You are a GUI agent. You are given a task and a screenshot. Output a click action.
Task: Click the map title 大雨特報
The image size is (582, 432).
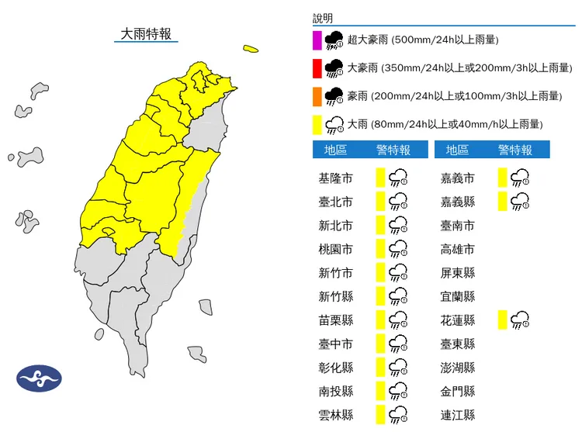coord(145,34)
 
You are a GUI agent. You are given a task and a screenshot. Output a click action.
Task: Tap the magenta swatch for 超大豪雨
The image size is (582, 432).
coord(317,40)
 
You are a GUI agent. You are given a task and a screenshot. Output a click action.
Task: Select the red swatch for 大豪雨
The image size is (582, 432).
coord(317,67)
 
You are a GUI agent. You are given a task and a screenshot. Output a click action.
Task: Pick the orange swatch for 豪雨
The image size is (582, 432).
coord(317,95)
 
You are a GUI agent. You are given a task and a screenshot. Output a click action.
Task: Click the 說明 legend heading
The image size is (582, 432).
coord(323,17)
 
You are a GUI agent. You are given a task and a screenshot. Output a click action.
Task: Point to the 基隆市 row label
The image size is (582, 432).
coord(335,178)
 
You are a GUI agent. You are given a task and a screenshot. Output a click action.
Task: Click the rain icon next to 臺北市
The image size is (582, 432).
coord(399,202)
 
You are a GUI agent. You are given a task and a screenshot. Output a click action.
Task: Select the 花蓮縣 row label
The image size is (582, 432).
coord(457,320)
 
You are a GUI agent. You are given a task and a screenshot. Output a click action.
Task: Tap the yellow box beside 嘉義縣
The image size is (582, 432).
coord(504,202)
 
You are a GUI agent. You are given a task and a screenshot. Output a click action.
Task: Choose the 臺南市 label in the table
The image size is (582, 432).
coord(457,226)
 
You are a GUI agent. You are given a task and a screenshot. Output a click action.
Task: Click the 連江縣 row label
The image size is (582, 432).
coord(457,414)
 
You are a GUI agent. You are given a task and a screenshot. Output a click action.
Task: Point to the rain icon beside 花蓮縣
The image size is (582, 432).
coord(521,320)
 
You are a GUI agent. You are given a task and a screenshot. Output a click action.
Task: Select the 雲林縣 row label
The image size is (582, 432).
coord(335,414)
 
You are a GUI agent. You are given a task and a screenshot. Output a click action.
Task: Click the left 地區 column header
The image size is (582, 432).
coord(335,150)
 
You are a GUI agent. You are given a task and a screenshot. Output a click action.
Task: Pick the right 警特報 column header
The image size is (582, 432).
coord(515,150)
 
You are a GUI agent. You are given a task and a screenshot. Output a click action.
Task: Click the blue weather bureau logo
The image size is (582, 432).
coord(39,378)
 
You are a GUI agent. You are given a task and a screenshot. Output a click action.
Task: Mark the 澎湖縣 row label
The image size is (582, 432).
coord(457,367)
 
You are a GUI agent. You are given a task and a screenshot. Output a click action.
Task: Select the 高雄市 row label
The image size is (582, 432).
coord(457,249)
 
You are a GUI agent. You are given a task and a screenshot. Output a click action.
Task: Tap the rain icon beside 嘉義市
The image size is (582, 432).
coord(521,178)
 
